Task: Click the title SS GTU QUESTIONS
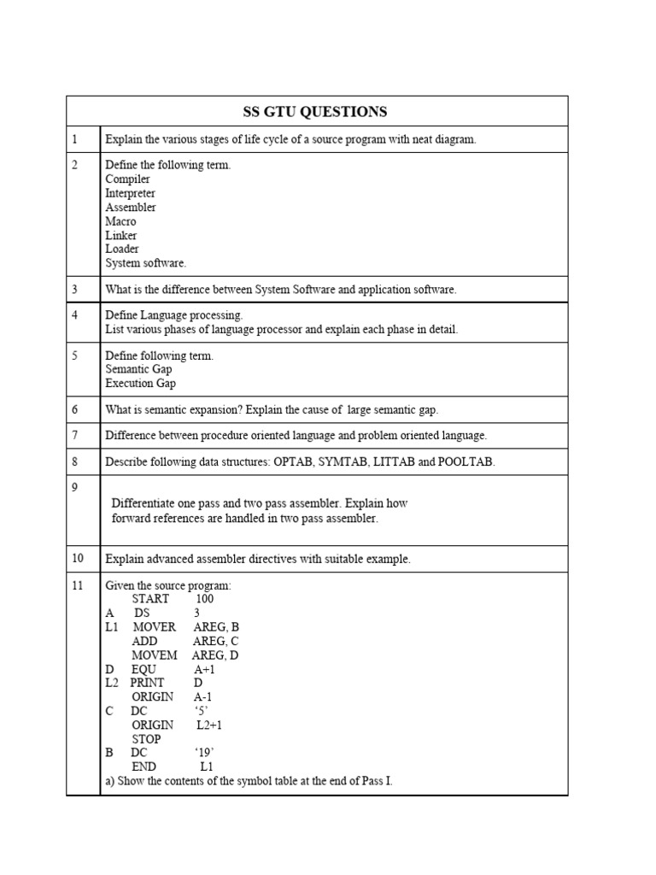[x=316, y=112]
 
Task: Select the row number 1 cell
[x=83, y=139]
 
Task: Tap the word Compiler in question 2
[x=127, y=179]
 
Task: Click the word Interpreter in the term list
[x=130, y=193]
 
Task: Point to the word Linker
[x=120, y=235]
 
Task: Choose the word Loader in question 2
[x=122, y=249]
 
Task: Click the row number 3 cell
[x=83, y=290]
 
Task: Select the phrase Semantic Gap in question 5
[x=138, y=369]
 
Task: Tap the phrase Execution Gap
[x=140, y=384]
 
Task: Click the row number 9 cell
[x=83, y=510]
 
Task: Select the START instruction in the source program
[x=150, y=599]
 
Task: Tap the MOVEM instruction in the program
[x=155, y=655]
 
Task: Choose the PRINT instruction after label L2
[x=147, y=684]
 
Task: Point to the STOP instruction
[x=146, y=739]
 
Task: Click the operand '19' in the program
[x=203, y=753]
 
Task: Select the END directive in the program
[x=143, y=766]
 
